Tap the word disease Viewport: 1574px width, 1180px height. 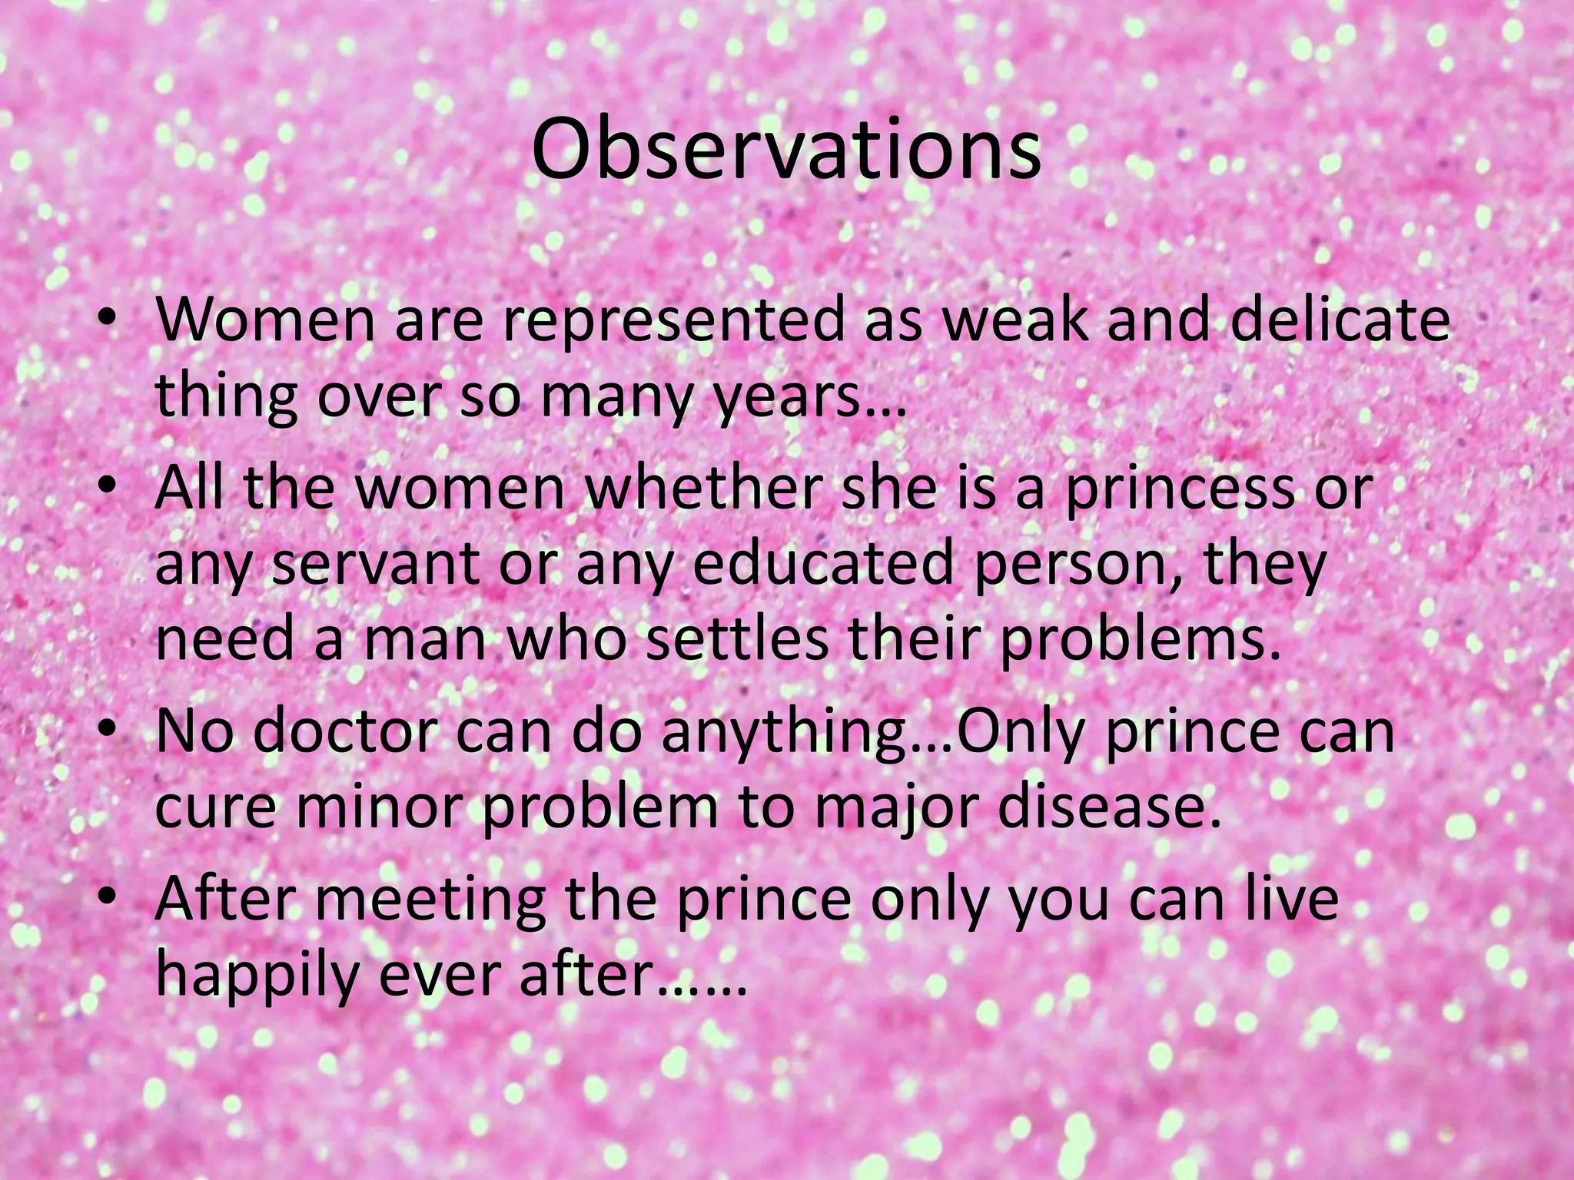click(x=1091, y=808)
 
